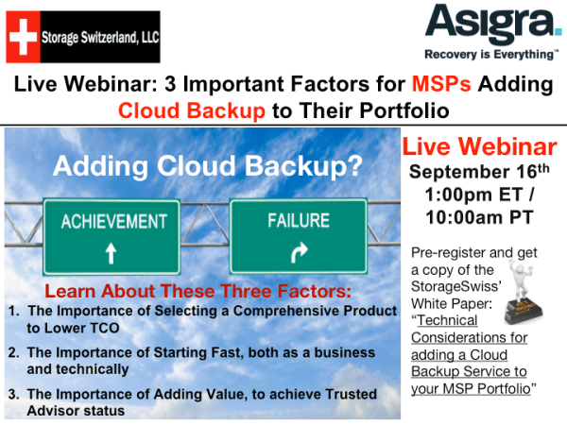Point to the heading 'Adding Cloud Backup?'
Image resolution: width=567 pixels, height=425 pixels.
(x=207, y=166)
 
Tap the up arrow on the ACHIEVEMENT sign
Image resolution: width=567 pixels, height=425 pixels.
(x=111, y=252)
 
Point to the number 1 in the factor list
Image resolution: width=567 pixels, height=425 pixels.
(x=11, y=311)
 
